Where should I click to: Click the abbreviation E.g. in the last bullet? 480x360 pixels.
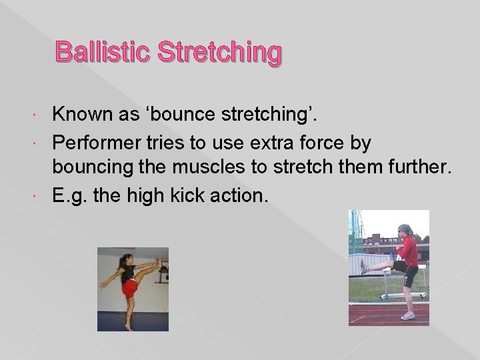point(69,195)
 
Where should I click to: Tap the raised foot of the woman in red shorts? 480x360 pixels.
point(159,262)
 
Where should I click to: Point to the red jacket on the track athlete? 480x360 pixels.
point(407,251)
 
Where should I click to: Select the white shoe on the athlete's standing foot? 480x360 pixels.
point(408,315)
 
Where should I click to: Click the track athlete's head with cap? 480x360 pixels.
point(405,230)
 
